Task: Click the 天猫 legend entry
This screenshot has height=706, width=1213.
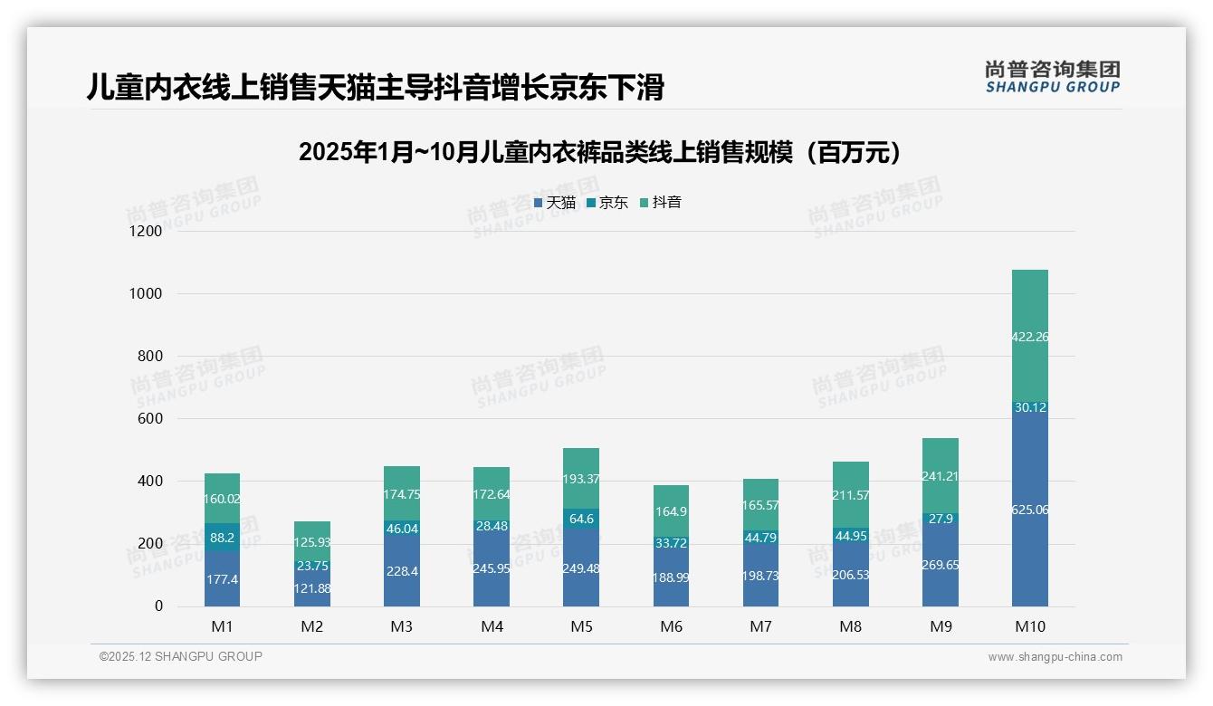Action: (x=555, y=203)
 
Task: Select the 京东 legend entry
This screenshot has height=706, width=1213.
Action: (x=607, y=203)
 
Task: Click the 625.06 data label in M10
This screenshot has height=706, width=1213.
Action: (x=1030, y=510)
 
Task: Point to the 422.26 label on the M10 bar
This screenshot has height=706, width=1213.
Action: (x=1030, y=337)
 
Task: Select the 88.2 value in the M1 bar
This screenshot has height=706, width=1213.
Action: (x=223, y=537)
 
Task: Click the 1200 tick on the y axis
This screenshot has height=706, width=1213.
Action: (x=145, y=232)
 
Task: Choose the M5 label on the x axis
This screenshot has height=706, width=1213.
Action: (x=581, y=627)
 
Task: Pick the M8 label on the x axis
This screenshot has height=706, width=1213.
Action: (x=850, y=627)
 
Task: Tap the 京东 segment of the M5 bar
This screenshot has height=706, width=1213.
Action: (x=581, y=519)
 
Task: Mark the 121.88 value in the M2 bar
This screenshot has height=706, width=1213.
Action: (x=312, y=588)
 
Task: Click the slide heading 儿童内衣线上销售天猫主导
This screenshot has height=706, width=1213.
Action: (x=376, y=87)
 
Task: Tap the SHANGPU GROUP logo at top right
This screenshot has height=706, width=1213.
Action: (x=1052, y=77)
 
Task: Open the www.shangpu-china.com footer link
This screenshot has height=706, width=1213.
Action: (x=1055, y=657)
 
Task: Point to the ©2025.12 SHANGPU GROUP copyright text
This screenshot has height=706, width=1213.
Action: (x=181, y=657)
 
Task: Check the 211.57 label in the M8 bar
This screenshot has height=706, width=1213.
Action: (x=850, y=495)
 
